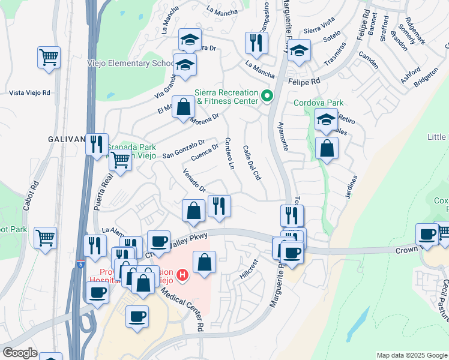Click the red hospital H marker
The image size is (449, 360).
pyautogui.click(x=183, y=275)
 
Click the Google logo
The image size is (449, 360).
pyautogui.click(x=20, y=353)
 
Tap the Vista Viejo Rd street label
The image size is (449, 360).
pyautogui.click(x=29, y=93)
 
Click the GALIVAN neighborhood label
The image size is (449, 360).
pyautogui.click(x=66, y=139)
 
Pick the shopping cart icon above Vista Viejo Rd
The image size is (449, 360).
pyautogui.click(x=49, y=58)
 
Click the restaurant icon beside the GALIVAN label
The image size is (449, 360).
pyautogui.click(x=97, y=145)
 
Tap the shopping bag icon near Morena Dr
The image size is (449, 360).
pyautogui.click(x=184, y=108)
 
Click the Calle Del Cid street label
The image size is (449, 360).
pyautogui.click(x=252, y=164)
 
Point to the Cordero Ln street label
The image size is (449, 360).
pyautogui.click(x=229, y=154)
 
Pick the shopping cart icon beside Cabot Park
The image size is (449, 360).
pyautogui.click(x=46, y=238)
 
